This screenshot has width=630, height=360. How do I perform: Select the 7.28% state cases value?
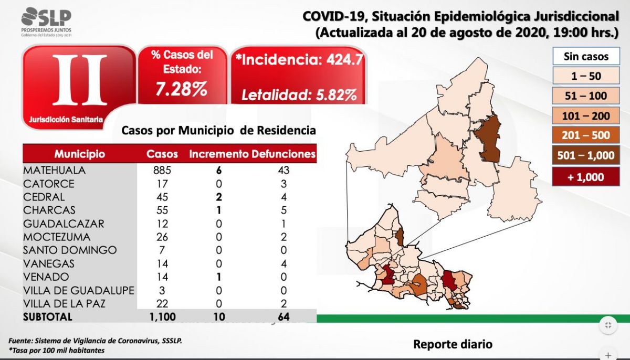click(182, 89)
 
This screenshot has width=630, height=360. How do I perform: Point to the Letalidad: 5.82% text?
click(299, 95)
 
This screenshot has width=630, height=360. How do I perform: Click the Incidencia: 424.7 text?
click(299, 59)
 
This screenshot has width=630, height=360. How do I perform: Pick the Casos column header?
click(162, 154)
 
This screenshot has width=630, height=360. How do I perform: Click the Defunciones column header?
click(283, 154)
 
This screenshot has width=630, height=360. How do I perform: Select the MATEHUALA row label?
click(54, 171)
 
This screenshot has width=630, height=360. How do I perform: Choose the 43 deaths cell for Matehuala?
click(284, 171)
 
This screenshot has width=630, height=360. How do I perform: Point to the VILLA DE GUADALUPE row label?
click(78, 290)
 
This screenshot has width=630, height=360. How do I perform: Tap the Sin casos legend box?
click(586, 56)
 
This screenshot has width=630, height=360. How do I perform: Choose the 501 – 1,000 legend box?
click(586, 155)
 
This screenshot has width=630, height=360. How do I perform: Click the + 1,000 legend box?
click(586, 177)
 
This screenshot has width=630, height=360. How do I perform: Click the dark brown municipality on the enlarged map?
click(487, 139)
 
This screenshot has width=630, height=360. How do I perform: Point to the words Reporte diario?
click(453, 344)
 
